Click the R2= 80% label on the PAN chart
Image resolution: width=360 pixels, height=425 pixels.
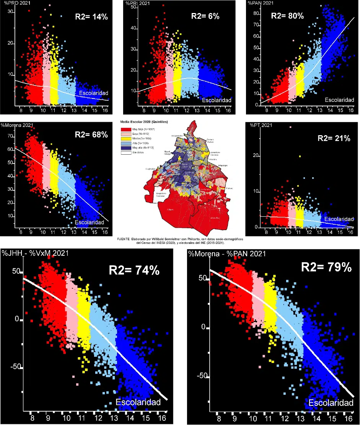(x=287, y=16)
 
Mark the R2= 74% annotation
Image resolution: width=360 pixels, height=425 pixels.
(x=134, y=270)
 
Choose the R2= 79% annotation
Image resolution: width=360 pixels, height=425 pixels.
(x=326, y=267)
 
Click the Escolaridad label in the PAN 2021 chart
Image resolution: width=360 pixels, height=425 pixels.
(x=340, y=100)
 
